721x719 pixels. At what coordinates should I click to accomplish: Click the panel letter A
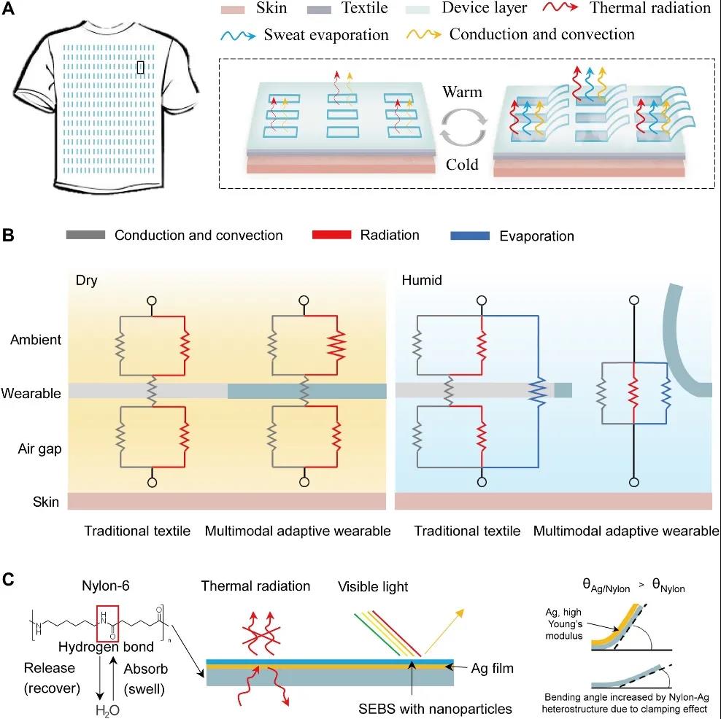tap(8, 9)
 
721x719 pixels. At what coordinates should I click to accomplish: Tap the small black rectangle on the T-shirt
tap(141, 67)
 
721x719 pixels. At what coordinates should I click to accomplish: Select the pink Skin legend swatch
tap(233, 9)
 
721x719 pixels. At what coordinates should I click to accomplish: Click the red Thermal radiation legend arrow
tap(560, 7)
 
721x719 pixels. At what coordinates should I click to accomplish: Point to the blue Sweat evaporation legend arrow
tap(238, 36)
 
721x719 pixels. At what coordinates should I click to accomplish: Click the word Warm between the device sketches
tap(462, 92)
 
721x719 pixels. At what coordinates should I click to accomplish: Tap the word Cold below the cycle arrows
tap(462, 164)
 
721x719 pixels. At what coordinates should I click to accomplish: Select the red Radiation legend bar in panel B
tap(331, 235)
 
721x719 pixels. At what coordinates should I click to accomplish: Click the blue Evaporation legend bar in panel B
tap(470, 236)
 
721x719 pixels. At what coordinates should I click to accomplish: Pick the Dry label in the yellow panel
tap(86, 280)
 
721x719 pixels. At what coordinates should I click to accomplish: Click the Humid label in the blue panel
tap(422, 280)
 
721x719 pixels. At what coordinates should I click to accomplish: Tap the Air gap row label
tap(39, 449)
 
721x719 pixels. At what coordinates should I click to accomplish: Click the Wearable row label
tap(31, 393)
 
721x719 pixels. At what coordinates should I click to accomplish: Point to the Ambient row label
tap(36, 340)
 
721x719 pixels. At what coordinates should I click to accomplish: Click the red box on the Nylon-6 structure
tap(107, 624)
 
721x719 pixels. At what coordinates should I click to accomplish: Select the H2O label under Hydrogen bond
tap(107, 710)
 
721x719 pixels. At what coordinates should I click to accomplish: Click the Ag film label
tap(493, 668)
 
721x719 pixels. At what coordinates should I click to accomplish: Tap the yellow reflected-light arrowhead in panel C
tap(459, 614)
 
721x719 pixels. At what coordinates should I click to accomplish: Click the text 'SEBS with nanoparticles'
tap(435, 709)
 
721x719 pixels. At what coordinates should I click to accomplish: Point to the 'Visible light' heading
tap(373, 587)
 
